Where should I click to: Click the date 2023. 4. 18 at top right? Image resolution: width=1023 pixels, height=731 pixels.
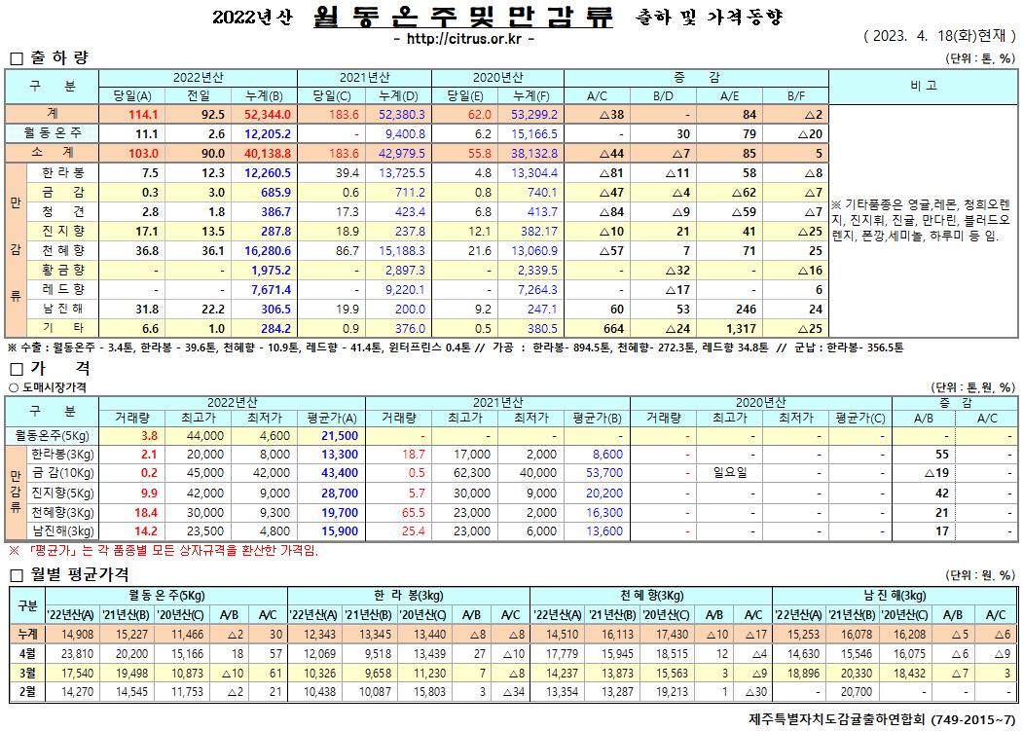point(914,36)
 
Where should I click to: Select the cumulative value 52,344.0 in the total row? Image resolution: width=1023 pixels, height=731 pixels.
point(264,114)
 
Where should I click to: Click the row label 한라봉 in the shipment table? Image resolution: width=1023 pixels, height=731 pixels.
point(62,172)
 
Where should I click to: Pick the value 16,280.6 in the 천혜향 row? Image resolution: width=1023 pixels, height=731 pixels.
point(264,249)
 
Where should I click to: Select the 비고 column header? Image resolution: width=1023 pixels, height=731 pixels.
point(924,86)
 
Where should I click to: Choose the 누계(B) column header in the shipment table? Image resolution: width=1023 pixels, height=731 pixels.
point(264,95)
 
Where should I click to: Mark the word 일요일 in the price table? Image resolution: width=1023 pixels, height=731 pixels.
point(731,473)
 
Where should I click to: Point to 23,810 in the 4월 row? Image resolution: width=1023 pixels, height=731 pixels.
point(75,653)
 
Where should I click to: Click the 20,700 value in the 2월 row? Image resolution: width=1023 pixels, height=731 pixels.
point(852,691)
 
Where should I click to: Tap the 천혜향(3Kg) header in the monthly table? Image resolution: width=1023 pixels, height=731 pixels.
point(650,595)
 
